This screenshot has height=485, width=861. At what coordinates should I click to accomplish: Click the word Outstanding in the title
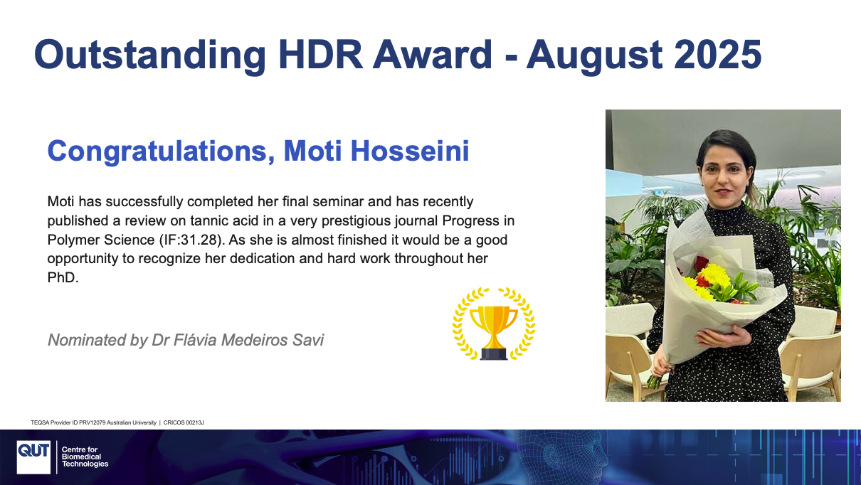pos(150,55)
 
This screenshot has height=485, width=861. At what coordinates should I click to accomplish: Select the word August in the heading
pos(594,56)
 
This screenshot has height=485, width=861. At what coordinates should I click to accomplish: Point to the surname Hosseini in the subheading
pos(410,151)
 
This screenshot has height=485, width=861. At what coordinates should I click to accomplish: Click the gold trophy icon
pos(494,324)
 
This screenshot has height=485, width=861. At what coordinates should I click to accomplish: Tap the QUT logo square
pos(33,457)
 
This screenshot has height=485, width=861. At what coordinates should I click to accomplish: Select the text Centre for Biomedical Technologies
pos(85,457)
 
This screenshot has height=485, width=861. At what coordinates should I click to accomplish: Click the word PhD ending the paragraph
pos(63,277)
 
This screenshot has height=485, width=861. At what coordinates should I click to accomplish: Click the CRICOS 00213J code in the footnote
pos(184,422)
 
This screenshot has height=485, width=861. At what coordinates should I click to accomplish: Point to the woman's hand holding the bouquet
pos(723,337)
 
